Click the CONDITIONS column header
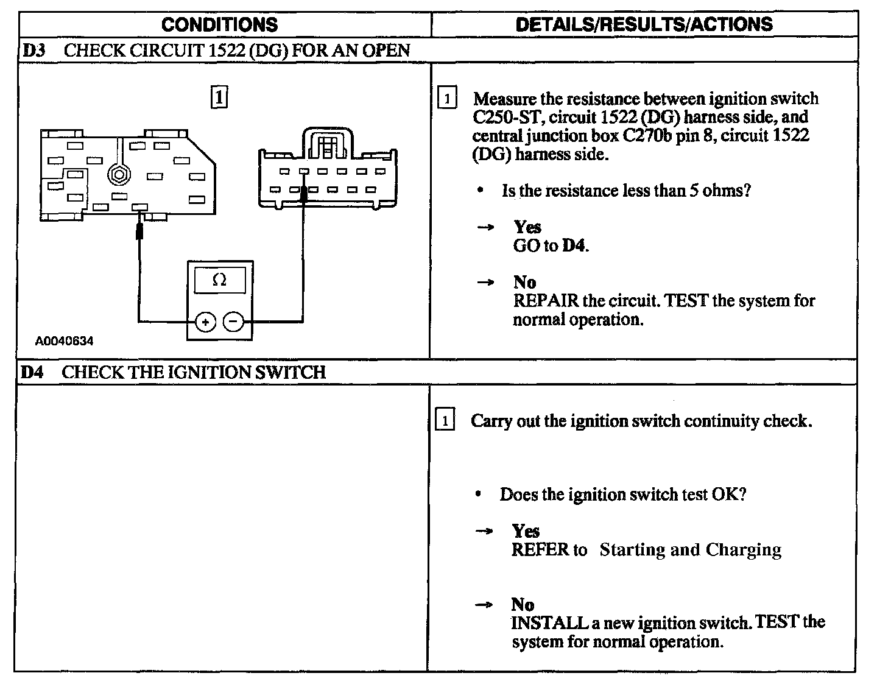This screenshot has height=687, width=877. (x=220, y=24)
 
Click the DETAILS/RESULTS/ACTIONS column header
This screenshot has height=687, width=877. (x=644, y=24)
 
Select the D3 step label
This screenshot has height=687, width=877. (x=34, y=51)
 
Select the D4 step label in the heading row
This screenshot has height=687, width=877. (x=32, y=372)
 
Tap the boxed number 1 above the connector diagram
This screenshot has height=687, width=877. (x=219, y=97)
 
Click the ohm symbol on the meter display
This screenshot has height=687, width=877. (x=220, y=280)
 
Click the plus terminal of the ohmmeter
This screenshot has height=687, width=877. (x=206, y=322)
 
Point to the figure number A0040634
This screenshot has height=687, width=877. (x=64, y=341)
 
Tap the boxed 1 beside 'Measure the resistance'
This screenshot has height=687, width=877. (x=446, y=99)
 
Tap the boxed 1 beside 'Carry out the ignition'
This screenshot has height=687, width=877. (x=445, y=421)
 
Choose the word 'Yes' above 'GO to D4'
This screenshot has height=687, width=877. (x=527, y=227)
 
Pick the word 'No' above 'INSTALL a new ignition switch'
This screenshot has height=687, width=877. (x=523, y=605)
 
